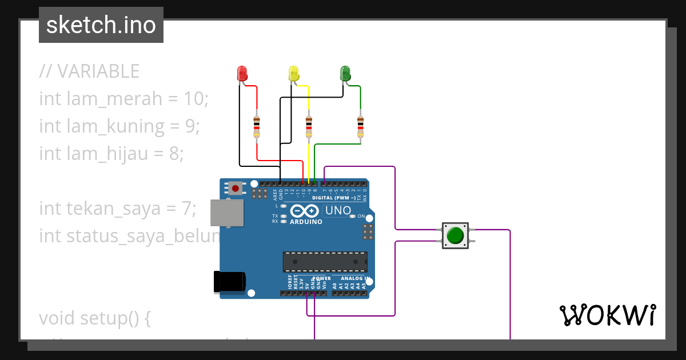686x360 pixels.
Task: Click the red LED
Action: pyautogui.click(x=242, y=73)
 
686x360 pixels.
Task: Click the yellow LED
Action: pyautogui.click(x=293, y=73)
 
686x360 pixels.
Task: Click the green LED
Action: pyautogui.click(x=345, y=73)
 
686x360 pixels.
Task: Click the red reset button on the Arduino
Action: pyautogui.click(x=235, y=187)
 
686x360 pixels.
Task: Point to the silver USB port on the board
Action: pyautogui.click(x=226, y=213)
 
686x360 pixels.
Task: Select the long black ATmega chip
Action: pyautogui.click(x=325, y=261)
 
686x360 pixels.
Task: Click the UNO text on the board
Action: pyautogui.click(x=338, y=211)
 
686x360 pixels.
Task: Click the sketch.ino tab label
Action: pyautogui.click(x=101, y=25)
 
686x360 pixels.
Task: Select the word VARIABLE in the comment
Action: pyautogui.click(x=98, y=71)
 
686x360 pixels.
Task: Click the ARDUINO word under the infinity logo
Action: pyautogui.click(x=306, y=222)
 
